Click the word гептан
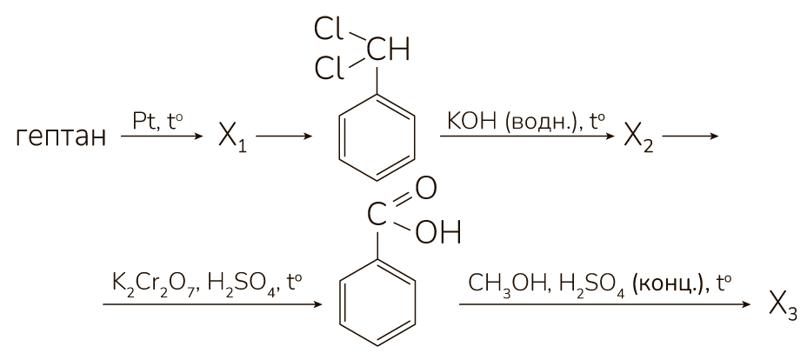point(61,137)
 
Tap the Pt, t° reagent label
point(157,123)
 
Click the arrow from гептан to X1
point(162,137)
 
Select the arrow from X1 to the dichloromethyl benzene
point(284,137)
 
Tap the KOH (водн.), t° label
point(525,122)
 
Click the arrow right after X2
point(690,137)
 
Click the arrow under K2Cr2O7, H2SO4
point(212,304)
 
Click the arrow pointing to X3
point(604,304)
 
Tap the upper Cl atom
point(330,31)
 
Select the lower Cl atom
point(330,70)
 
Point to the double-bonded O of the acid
point(425,189)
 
